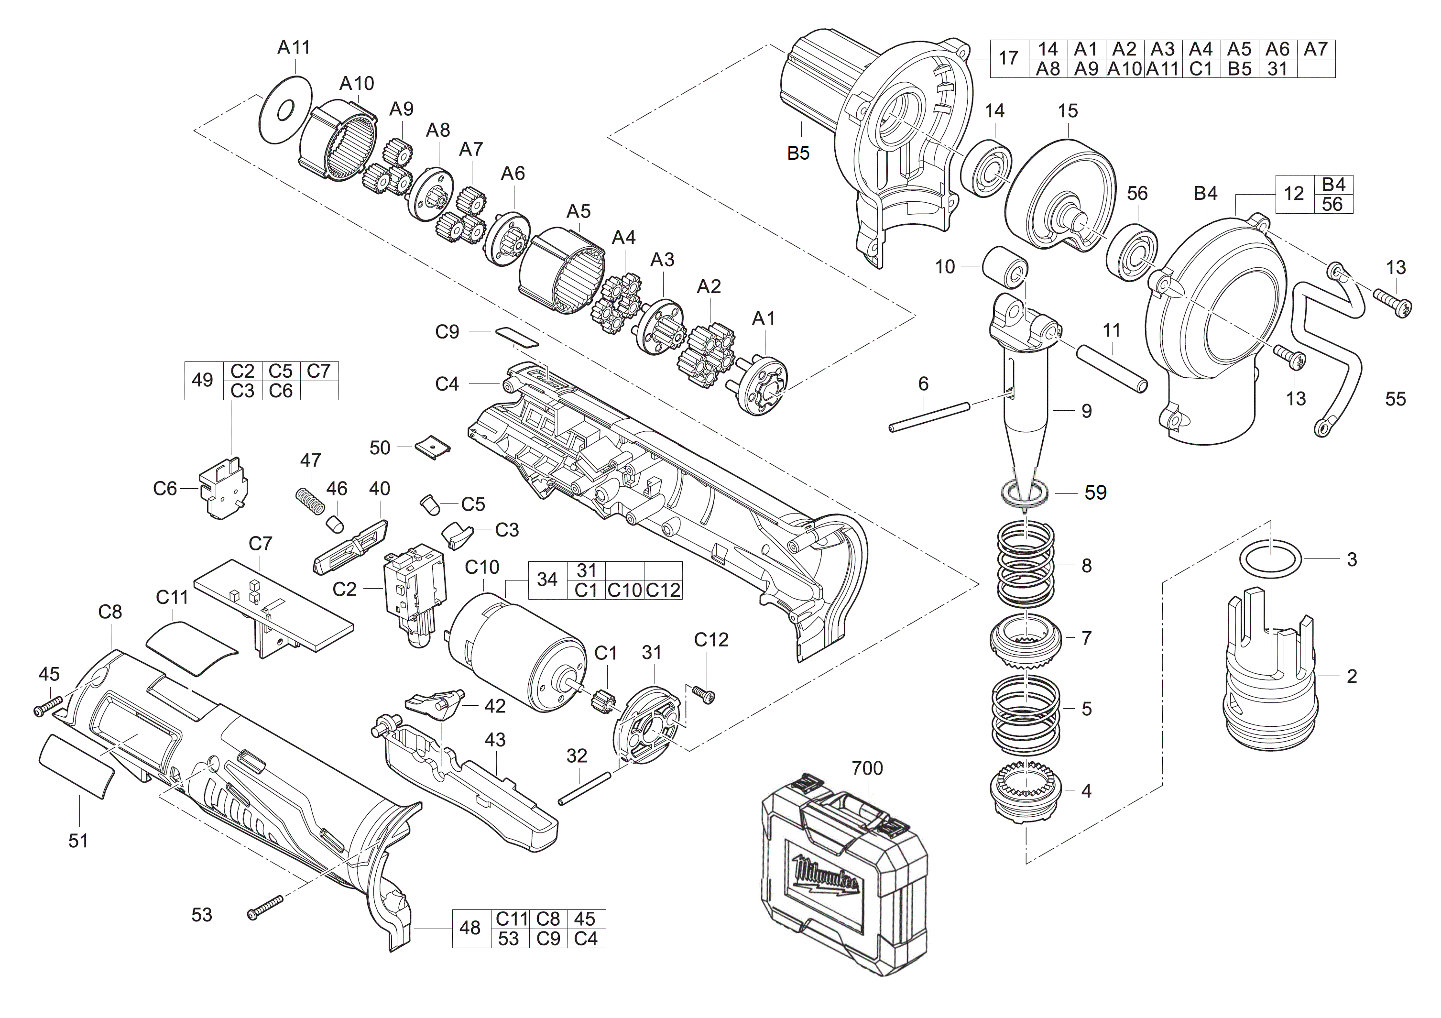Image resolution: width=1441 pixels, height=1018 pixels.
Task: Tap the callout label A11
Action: pyautogui.click(x=294, y=47)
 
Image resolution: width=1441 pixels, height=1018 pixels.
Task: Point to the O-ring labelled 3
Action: pyautogui.click(x=1270, y=559)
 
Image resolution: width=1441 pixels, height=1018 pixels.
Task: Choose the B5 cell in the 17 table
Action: pyautogui.click(x=1240, y=68)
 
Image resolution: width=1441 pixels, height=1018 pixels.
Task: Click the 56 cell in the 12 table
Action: pyautogui.click(x=1332, y=204)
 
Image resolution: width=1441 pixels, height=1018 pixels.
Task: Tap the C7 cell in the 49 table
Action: pyautogui.click(x=319, y=371)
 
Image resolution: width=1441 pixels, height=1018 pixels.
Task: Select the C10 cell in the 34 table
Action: pyautogui.click(x=624, y=590)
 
